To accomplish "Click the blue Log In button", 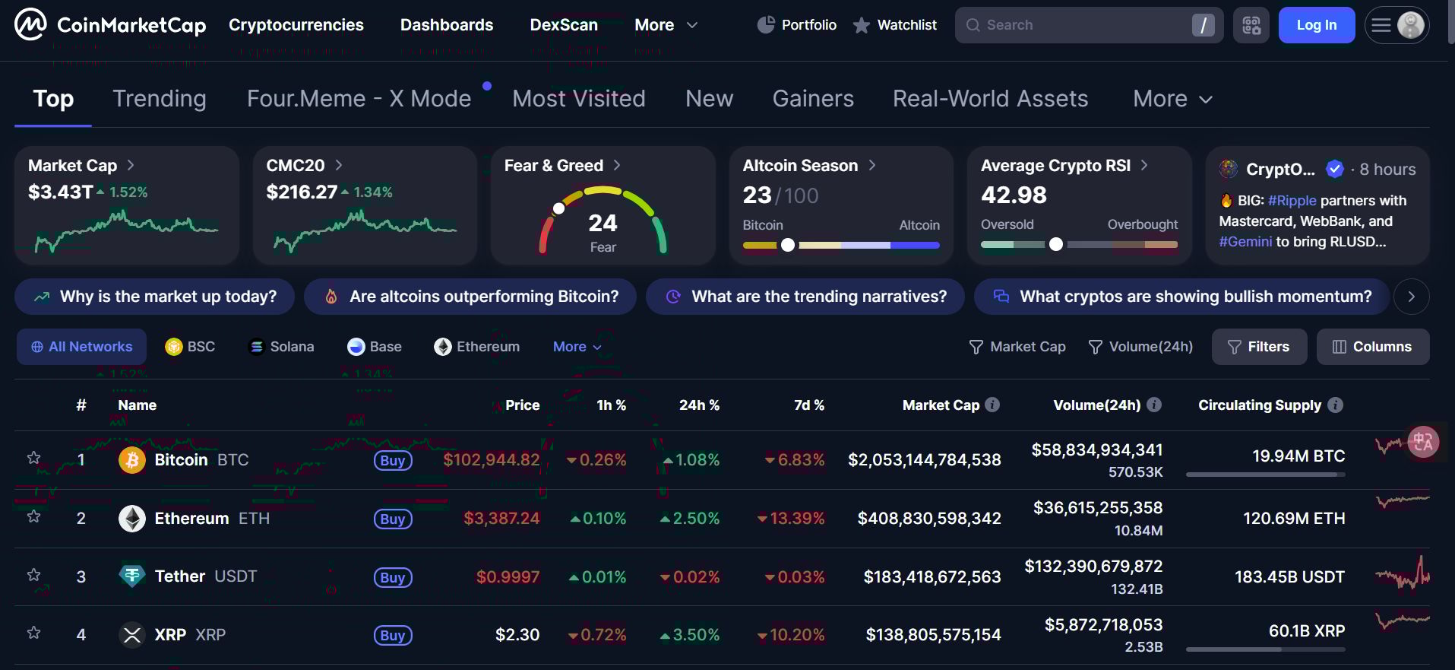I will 1316,25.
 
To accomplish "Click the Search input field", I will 1079,25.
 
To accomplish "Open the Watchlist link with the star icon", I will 895,25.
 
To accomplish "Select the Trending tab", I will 160,99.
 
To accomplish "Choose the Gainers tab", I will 813,99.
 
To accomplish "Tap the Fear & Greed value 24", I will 603,223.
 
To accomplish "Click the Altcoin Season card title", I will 800,166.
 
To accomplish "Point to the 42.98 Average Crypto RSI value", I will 1014,195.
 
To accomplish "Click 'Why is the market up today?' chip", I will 155,297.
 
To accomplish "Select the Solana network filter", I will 282,347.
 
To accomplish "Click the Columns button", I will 1372,347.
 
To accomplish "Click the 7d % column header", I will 808,405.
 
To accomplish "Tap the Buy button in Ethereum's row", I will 393,519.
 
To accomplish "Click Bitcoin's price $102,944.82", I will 492,460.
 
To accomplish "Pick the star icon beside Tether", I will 33,575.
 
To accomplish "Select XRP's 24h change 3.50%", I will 690,635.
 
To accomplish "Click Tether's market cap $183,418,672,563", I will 932,577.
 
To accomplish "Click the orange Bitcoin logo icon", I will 132,460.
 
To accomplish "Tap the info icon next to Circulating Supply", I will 1335,405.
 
